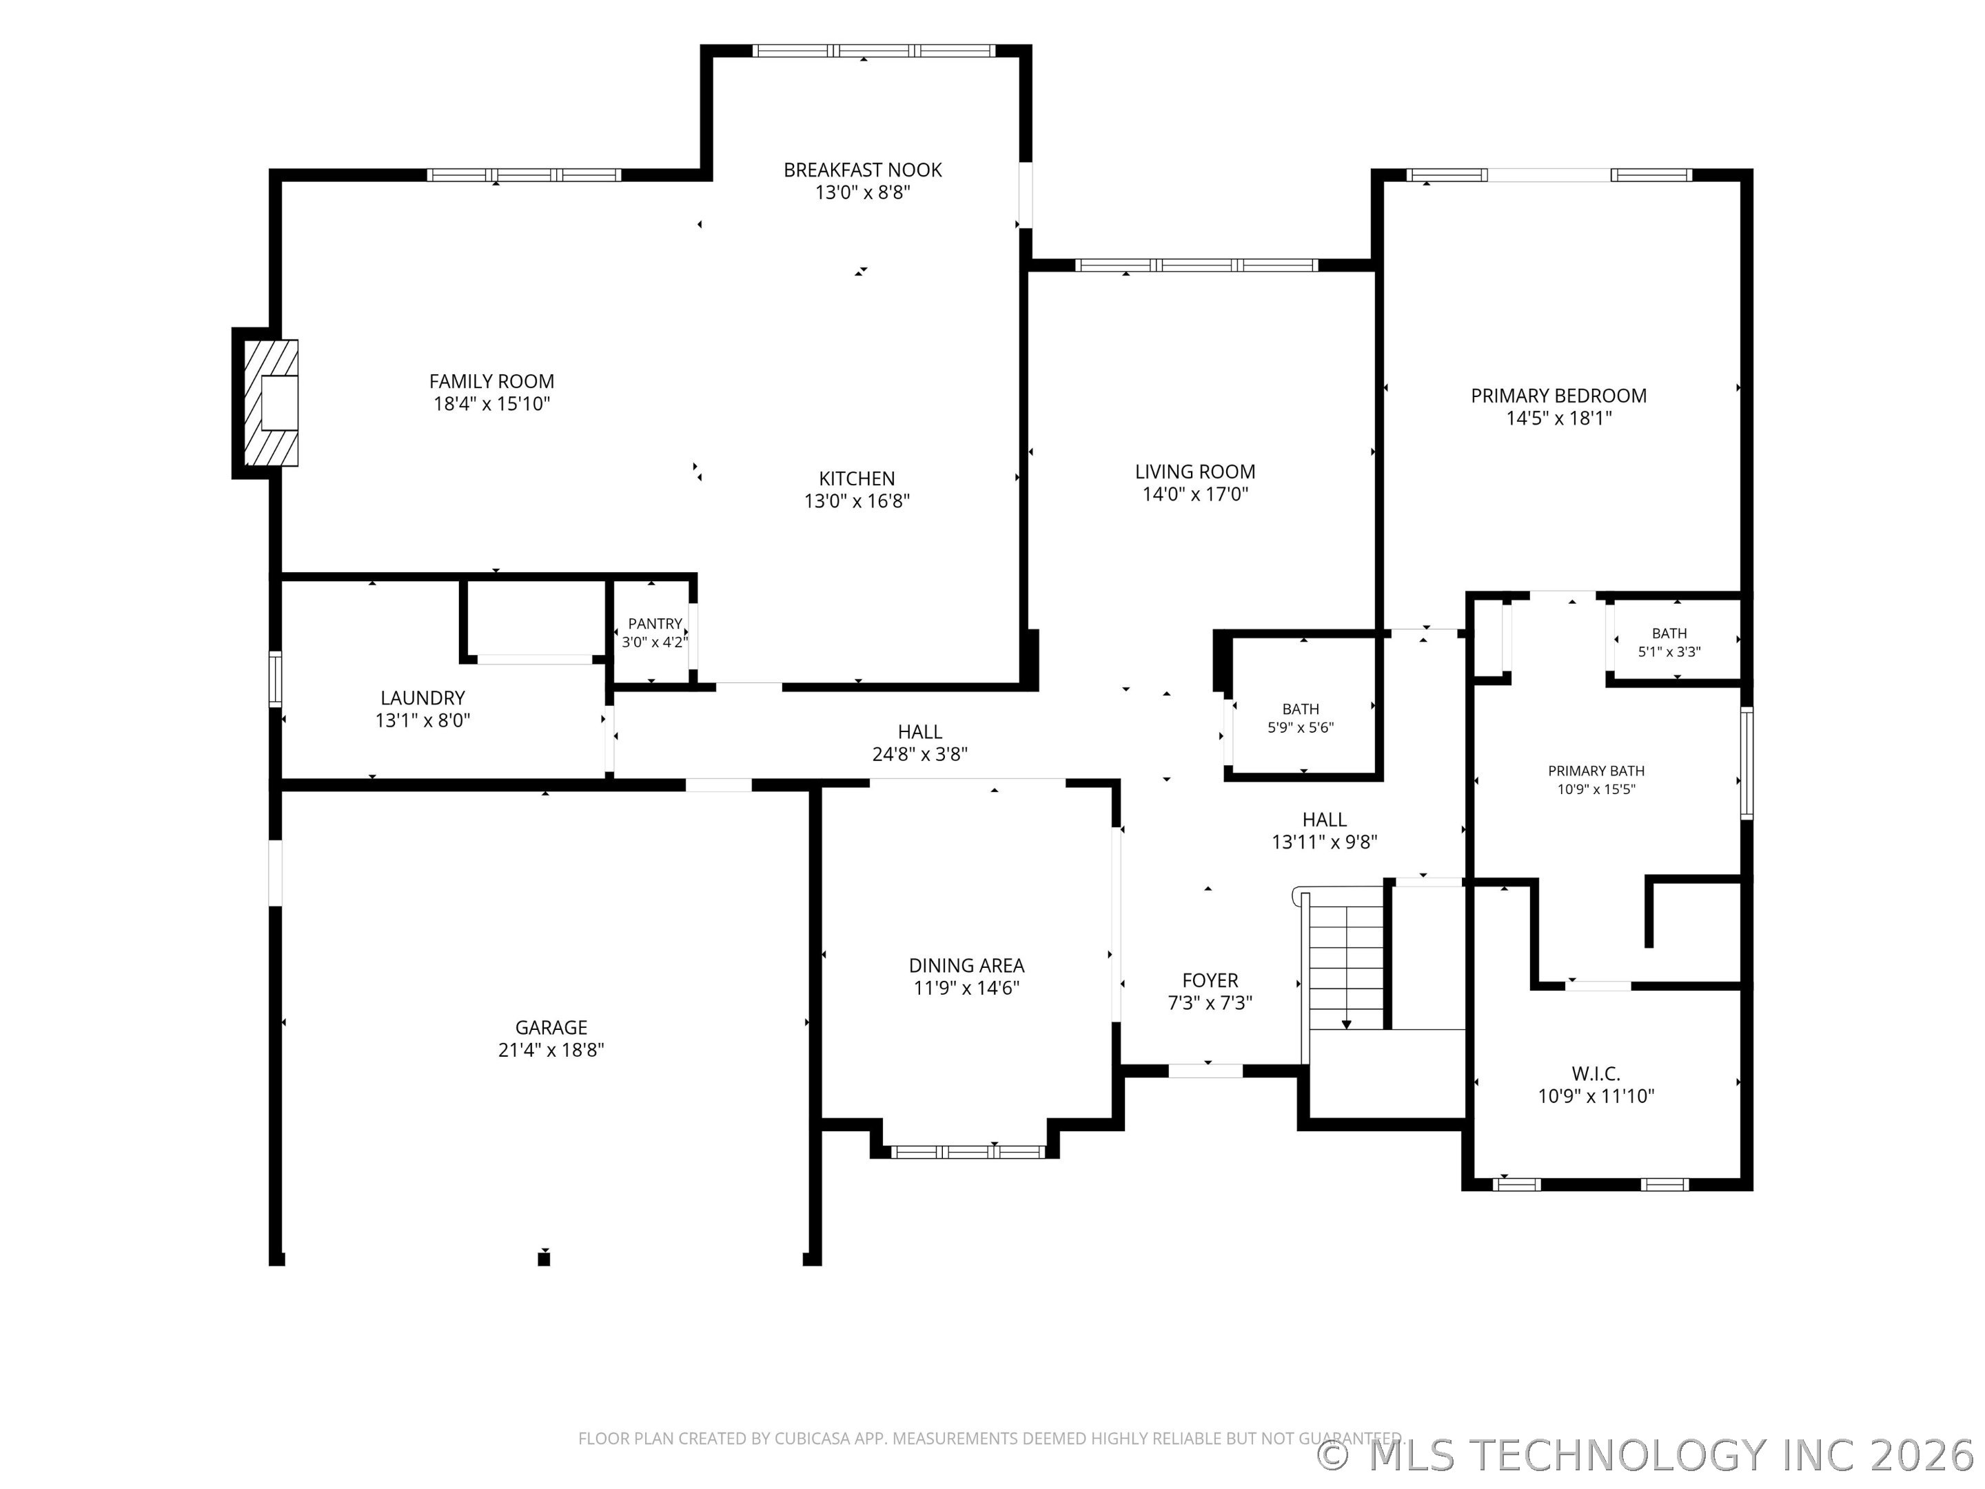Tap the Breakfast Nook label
coord(862,170)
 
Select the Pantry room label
coord(655,624)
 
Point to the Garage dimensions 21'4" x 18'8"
coord(551,1050)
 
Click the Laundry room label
coord(423,698)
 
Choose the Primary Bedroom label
coord(1559,396)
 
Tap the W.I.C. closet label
coord(1596,1073)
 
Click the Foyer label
coord(1210,980)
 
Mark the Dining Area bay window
coord(968,1151)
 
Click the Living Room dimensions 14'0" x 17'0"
coord(1195,494)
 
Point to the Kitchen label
coord(857,478)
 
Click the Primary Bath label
coord(1596,770)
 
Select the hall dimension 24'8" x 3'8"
coord(920,755)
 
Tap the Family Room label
coord(491,381)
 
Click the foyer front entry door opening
coord(1205,1071)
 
